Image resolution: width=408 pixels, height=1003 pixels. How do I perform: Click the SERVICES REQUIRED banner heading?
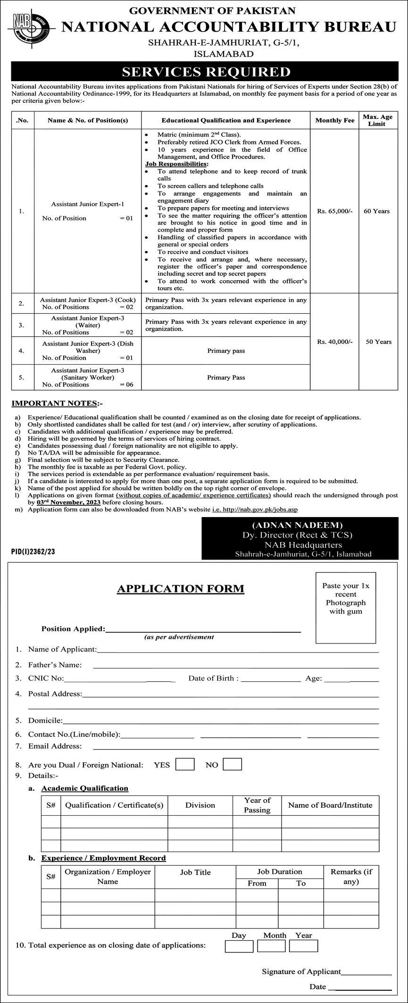click(206, 72)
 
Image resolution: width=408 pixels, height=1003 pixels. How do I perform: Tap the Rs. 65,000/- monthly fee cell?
click(334, 211)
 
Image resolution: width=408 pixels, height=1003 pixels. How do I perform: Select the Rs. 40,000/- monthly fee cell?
click(334, 342)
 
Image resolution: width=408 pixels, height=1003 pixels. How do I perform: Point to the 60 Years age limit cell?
click(376, 211)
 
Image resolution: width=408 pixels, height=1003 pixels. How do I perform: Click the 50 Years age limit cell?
click(378, 342)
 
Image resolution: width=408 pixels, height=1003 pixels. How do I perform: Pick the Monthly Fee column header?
click(334, 120)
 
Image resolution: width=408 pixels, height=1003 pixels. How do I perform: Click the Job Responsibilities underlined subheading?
click(176, 164)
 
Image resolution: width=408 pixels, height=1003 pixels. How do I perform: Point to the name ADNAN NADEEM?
click(297, 525)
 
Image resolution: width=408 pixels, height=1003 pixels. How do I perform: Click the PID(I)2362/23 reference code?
click(33, 551)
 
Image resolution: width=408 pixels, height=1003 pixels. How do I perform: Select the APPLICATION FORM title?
click(181, 589)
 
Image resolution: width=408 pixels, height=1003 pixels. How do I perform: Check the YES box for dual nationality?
click(184, 764)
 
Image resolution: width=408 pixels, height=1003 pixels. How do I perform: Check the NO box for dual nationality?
click(232, 764)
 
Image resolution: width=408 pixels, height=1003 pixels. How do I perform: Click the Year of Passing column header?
click(257, 805)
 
